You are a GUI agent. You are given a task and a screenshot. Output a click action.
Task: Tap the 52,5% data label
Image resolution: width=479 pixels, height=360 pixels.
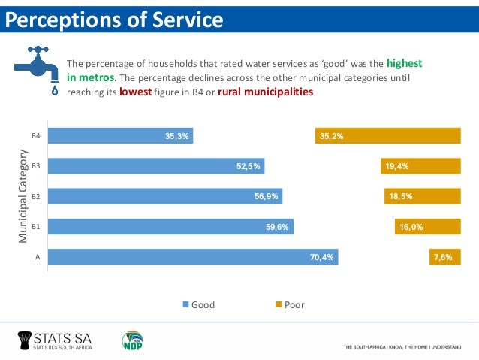(249, 166)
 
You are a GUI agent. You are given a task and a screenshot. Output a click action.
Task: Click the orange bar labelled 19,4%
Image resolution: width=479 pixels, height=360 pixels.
(420, 166)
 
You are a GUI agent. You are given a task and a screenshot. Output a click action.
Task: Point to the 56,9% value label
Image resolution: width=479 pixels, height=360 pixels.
(267, 196)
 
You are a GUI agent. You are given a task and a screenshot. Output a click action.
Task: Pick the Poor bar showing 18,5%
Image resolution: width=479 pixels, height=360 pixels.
(422, 196)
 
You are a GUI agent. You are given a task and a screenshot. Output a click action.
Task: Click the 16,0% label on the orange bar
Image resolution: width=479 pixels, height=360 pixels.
(411, 226)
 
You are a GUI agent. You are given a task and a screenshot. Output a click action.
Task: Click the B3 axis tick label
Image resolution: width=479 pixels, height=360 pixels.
(35, 166)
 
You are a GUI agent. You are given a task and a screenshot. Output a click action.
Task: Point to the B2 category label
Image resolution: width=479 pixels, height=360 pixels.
(35, 196)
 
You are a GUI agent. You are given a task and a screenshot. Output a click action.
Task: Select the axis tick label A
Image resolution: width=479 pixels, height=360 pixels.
(37, 256)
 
